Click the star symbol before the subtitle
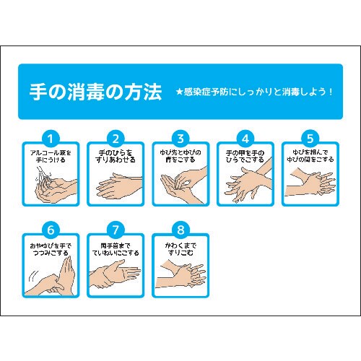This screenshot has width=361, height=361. click(x=180, y=93)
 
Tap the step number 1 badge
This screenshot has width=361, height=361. click(x=51, y=138)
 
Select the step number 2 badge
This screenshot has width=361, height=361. click(x=116, y=138)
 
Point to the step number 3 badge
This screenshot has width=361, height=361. click(x=180, y=138)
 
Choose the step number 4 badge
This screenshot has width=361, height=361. click(x=245, y=138)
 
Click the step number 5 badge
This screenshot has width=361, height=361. click(x=310, y=138)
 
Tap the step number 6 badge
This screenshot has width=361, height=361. click(x=51, y=231)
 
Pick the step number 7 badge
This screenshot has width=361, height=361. click(x=116, y=231)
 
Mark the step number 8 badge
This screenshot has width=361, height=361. click(x=180, y=231)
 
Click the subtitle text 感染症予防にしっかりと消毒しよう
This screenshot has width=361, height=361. click(x=261, y=93)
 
